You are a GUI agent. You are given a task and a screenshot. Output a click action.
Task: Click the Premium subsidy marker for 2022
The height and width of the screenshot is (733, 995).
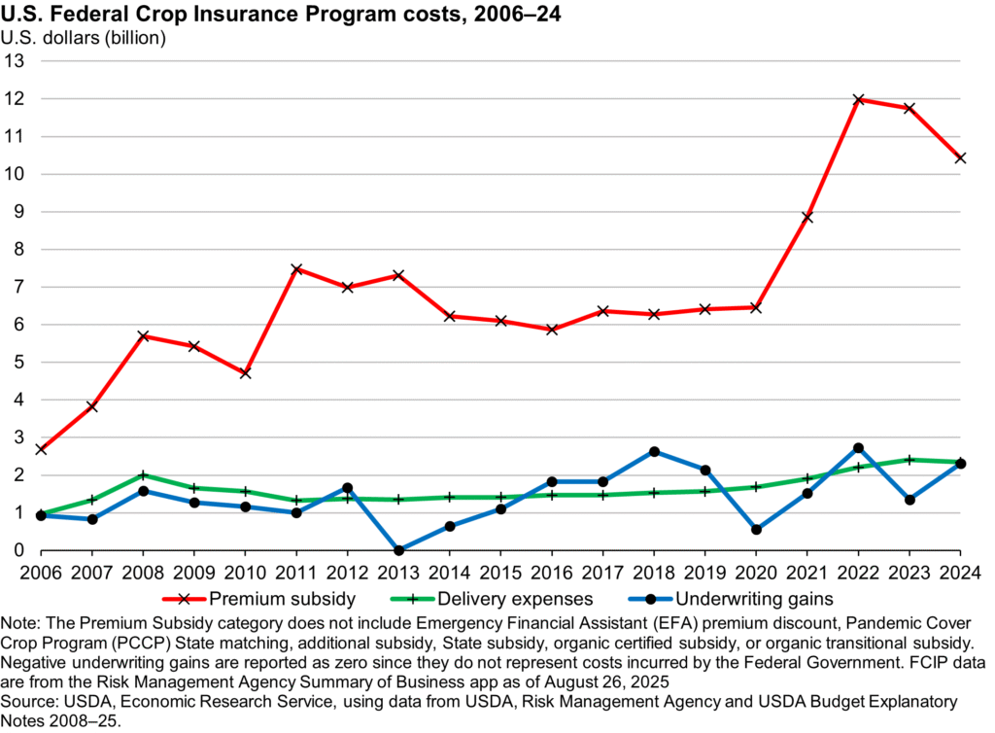[x=858, y=99]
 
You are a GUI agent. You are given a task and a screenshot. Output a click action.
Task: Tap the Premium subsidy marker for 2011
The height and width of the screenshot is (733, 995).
[x=296, y=269]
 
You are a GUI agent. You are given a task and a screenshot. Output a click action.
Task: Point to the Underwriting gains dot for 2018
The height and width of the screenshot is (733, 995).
[x=654, y=452]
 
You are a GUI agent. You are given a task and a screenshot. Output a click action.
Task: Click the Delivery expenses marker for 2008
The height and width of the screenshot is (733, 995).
[x=143, y=475]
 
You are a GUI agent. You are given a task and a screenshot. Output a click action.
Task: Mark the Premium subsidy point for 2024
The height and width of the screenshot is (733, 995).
[x=960, y=157]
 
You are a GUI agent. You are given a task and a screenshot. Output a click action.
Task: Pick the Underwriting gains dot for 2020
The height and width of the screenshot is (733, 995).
[x=756, y=530]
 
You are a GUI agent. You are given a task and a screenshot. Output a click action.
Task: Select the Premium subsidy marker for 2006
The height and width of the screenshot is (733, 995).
[x=41, y=449]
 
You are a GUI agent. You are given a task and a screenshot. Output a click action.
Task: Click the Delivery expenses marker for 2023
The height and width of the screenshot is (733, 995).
[x=909, y=460]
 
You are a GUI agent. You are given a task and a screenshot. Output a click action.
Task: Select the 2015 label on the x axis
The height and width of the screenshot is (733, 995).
[x=500, y=570]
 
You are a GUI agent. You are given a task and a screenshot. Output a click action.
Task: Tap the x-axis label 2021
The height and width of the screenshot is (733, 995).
[x=806, y=570]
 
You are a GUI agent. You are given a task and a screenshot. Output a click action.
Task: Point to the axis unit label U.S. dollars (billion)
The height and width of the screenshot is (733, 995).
[x=84, y=39]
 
